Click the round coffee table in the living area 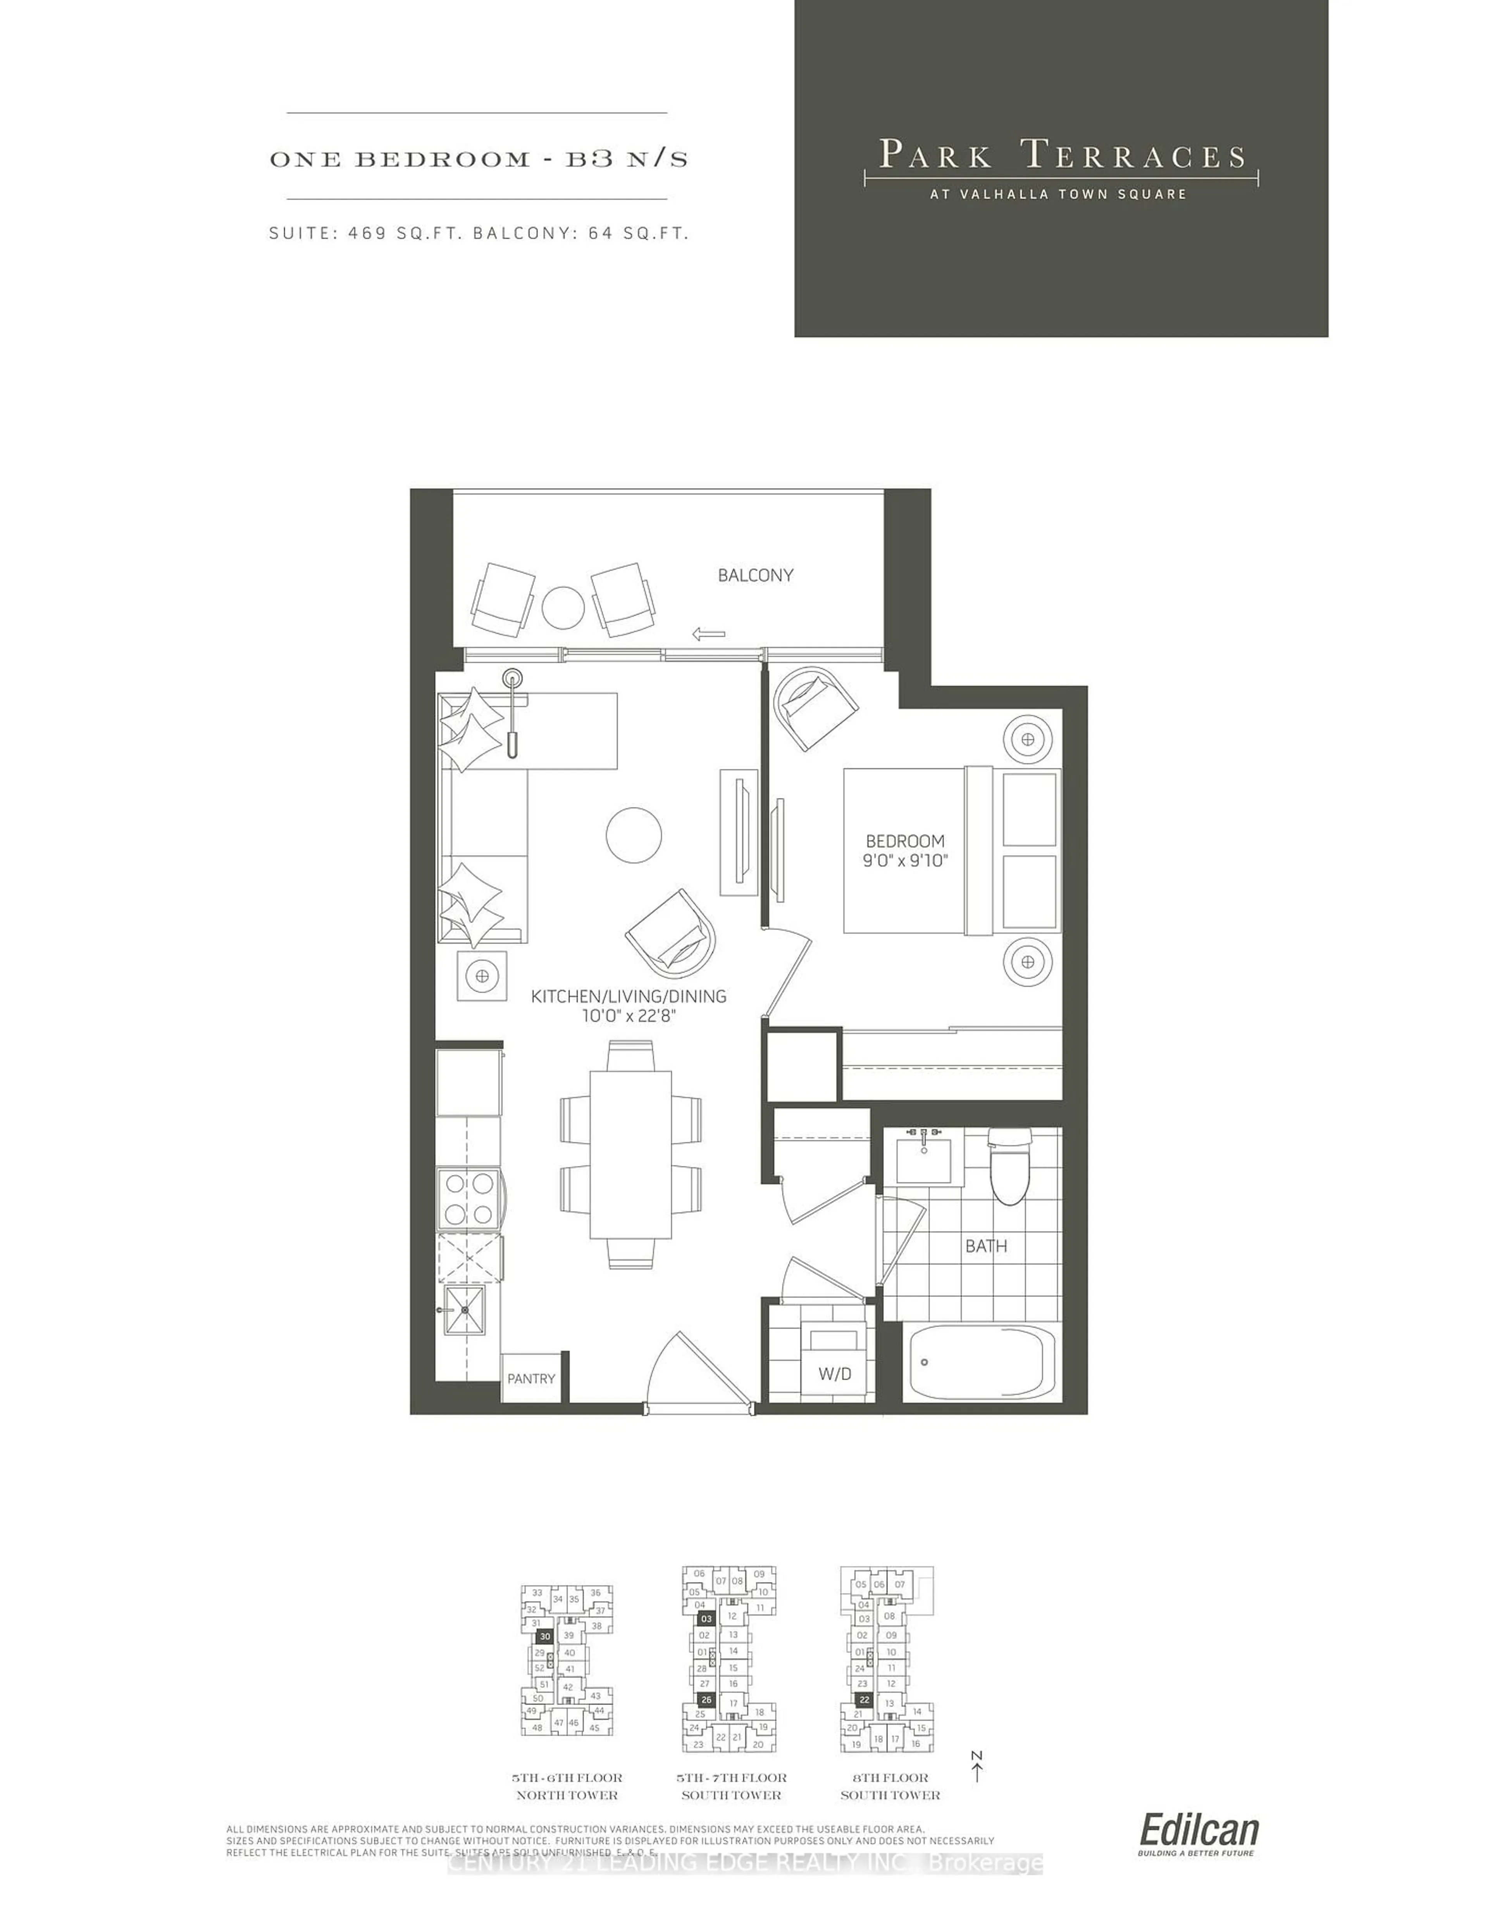pos(634,835)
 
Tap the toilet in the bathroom pos(1009,1168)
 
